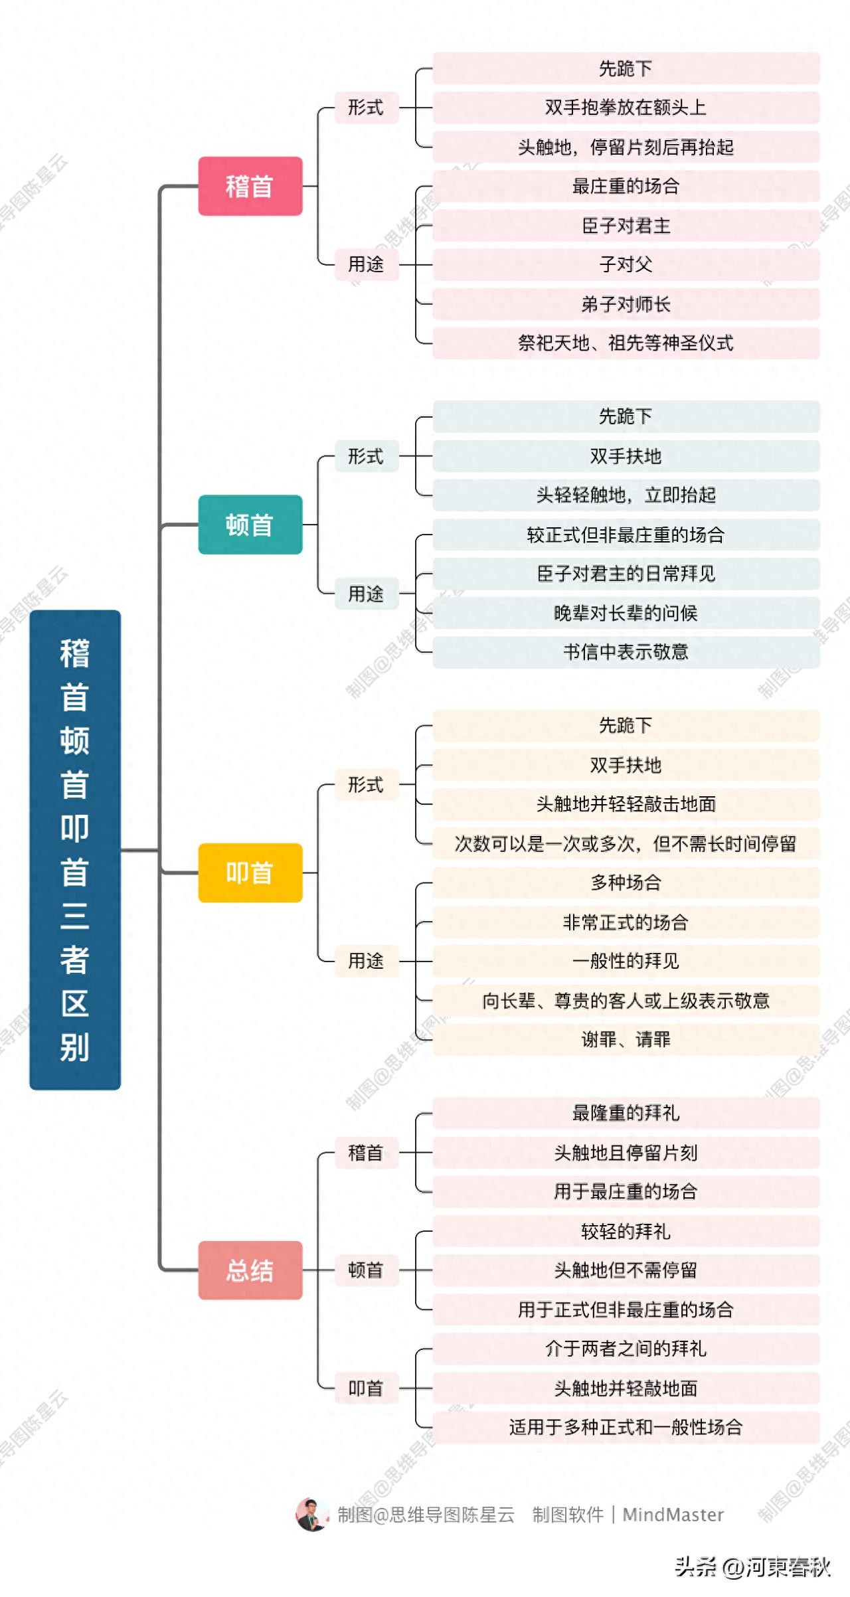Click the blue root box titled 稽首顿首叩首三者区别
point(75,850)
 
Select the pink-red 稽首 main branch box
point(250,186)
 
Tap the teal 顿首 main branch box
point(250,525)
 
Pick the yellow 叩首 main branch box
point(250,873)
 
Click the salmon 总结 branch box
point(250,1270)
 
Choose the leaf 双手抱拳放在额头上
point(626,108)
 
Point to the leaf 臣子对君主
point(626,226)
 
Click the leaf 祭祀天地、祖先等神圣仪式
point(626,343)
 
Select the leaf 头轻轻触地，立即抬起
point(626,495)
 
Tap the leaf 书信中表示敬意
point(626,652)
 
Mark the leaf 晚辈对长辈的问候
point(626,613)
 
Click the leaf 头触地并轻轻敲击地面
point(626,804)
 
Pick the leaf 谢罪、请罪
point(626,1039)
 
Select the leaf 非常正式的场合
point(626,922)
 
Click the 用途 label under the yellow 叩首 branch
point(366,961)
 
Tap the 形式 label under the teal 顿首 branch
point(366,456)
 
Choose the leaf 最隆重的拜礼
point(626,1113)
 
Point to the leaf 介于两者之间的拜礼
point(626,1349)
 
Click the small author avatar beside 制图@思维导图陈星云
point(311,1515)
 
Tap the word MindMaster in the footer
point(673,1515)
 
